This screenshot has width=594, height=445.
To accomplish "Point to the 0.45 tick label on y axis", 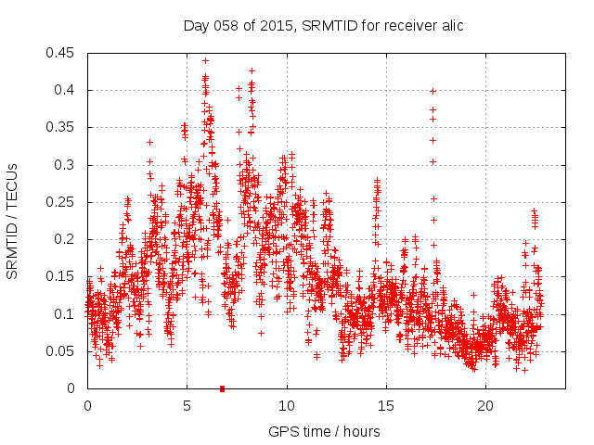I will [63, 53].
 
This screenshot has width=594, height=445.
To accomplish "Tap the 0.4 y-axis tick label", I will [67, 90].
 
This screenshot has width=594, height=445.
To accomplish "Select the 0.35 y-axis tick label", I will [63, 127].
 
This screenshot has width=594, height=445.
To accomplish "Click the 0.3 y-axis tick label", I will [67, 165].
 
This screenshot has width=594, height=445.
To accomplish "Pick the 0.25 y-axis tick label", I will [63, 202].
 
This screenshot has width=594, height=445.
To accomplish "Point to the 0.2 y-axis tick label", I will [67, 239].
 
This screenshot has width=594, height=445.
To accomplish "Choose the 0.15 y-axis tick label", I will [63, 276].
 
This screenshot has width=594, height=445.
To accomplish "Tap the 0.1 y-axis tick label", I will [67, 314].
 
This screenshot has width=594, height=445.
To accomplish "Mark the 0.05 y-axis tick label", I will [63, 351].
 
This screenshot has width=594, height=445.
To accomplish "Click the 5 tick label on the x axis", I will [187, 406].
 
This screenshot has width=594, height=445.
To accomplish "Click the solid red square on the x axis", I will [222, 388].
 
